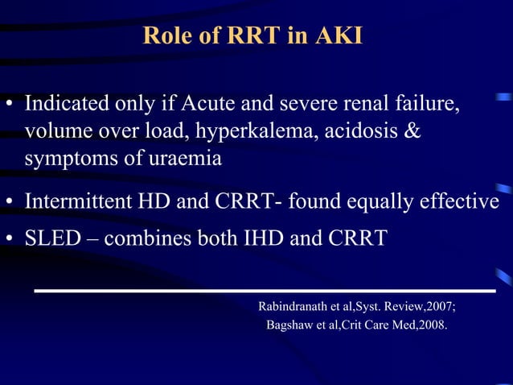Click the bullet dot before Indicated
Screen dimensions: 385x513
coord(10,106)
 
